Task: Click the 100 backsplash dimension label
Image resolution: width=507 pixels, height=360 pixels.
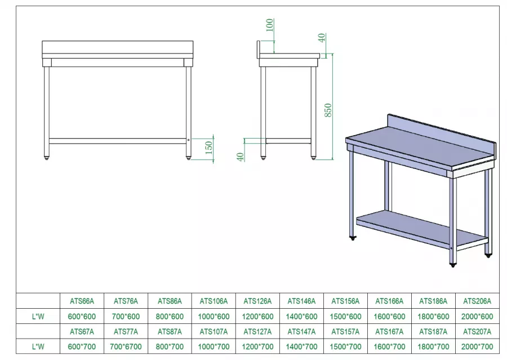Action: (x=269, y=25)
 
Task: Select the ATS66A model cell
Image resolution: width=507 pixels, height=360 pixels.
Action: (x=82, y=301)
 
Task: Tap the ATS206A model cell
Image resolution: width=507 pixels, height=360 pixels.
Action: (x=478, y=301)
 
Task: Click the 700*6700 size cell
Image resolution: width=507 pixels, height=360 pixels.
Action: (x=126, y=346)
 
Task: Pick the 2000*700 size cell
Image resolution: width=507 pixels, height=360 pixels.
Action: (x=478, y=346)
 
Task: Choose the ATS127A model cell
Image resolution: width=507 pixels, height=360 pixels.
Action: (x=257, y=332)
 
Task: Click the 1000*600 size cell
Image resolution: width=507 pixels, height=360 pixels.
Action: (x=214, y=316)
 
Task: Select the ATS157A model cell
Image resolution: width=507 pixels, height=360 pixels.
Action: (x=345, y=332)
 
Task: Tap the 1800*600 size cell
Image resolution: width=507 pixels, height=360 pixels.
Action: (x=434, y=316)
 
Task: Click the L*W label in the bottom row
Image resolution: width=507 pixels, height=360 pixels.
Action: (x=38, y=346)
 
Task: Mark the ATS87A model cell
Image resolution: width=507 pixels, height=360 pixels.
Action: (x=170, y=332)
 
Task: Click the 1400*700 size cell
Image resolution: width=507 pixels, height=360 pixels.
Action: (x=301, y=346)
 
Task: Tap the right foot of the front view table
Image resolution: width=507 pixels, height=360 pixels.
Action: (x=189, y=157)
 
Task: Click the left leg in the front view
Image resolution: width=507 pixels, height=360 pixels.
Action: (x=47, y=107)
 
